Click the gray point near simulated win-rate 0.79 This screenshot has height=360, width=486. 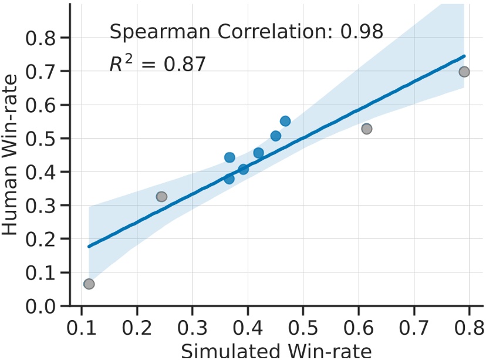464,72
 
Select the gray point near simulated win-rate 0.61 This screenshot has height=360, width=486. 367,129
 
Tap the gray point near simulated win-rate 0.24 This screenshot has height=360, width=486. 161,197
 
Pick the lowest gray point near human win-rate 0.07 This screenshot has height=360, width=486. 89,284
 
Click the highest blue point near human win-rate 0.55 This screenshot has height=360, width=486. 285,121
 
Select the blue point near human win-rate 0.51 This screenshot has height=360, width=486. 276,136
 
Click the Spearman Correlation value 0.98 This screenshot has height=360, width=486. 362,31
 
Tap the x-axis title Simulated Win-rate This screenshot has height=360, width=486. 276,351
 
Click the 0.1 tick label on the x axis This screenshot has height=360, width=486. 81,326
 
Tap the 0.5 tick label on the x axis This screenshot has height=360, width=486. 303,326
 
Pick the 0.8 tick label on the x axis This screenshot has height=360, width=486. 469,326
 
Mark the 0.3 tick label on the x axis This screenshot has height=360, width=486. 192,326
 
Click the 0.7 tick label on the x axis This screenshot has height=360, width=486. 414,326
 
